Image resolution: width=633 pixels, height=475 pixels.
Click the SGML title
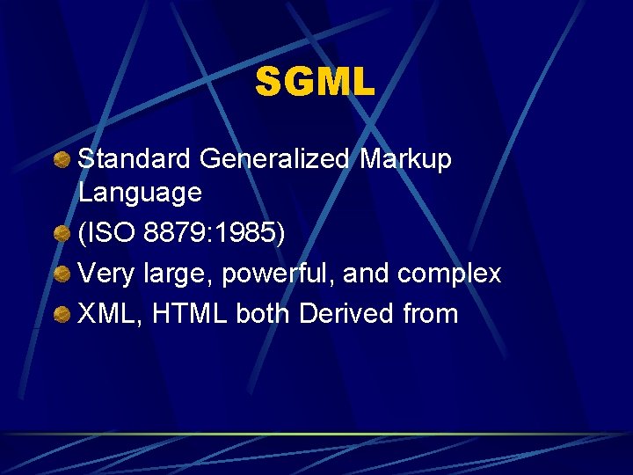coord(315,84)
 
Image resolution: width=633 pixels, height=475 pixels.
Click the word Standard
coord(134,159)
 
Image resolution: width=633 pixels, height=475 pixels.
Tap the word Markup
coord(405,159)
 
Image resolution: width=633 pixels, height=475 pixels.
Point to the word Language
coord(140,192)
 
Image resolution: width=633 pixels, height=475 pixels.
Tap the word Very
coord(105,274)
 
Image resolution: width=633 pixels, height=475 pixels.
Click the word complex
coord(448,274)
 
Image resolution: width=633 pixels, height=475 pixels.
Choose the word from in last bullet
coord(431,314)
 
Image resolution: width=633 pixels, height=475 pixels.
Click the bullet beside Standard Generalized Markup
coord(62,160)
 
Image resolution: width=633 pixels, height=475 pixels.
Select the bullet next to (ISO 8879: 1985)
coord(62,234)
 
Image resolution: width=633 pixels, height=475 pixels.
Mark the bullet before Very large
coord(62,274)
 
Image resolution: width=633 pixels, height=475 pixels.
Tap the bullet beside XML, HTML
coord(62,315)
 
